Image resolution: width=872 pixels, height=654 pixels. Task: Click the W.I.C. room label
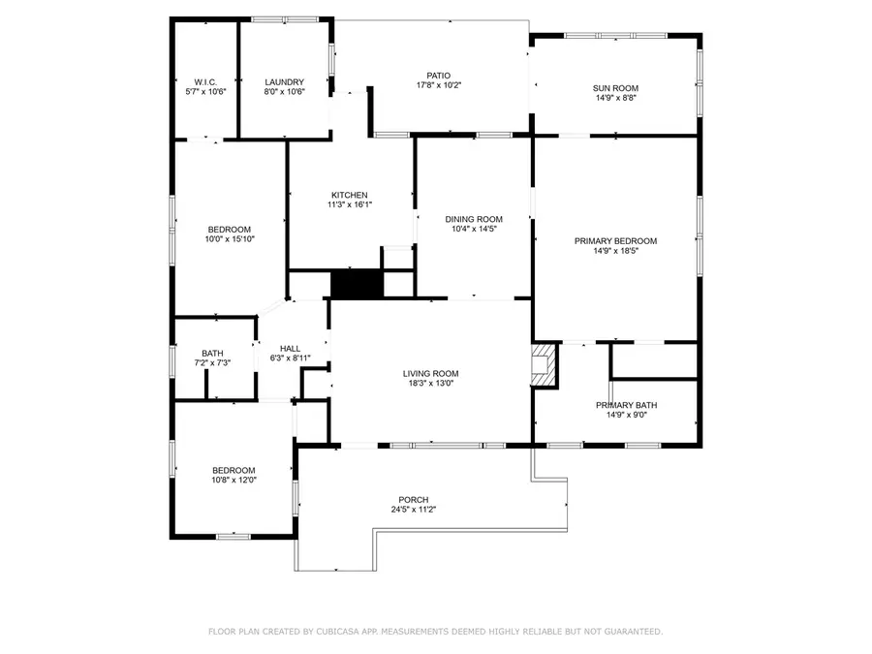[x=204, y=82]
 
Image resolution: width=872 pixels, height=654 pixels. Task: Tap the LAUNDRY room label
[x=285, y=82]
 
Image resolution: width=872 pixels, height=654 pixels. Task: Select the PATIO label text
[x=439, y=76]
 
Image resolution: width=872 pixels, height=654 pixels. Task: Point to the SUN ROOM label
[x=615, y=88]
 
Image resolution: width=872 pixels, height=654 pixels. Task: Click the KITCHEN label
[x=349, y=195]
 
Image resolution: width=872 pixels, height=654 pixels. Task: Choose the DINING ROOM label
[x=474, y=219]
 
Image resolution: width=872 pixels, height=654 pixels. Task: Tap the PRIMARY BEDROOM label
[x=615, y=241]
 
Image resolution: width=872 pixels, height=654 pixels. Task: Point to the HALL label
[x=290, y=349]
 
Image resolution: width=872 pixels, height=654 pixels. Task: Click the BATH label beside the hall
[x=212, y=353]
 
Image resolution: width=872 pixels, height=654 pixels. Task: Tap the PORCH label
[x=413, y=500]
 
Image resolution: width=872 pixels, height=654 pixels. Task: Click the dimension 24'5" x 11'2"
[x=413, y=510]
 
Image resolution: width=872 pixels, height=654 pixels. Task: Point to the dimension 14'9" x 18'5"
[x=615, y=251]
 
